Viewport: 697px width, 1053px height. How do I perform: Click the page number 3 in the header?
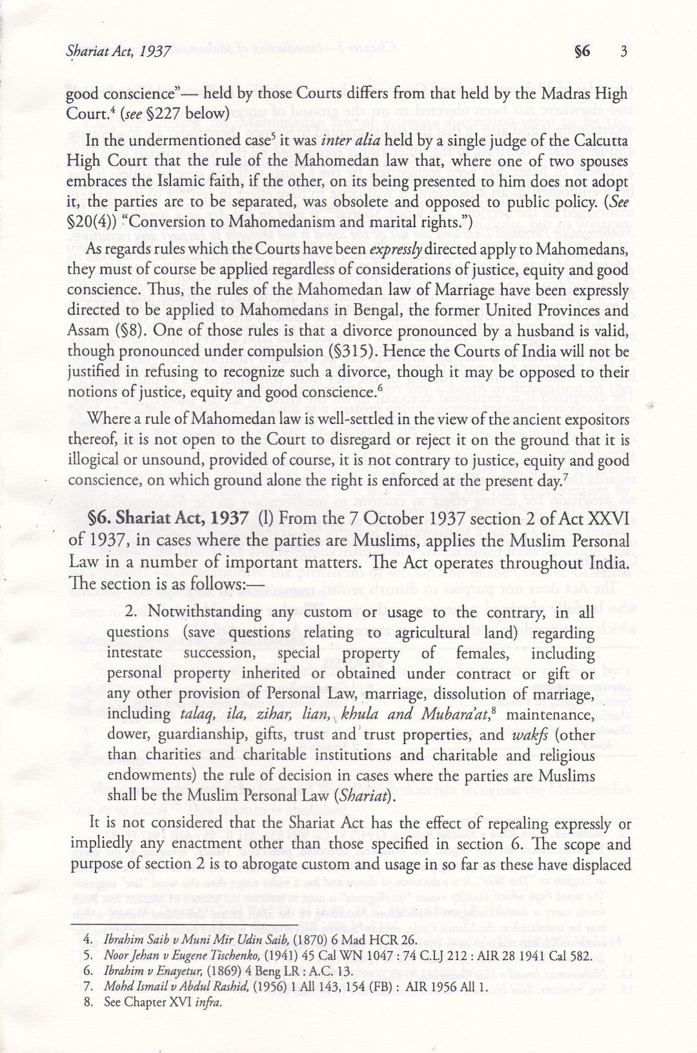[x=623, y=52]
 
